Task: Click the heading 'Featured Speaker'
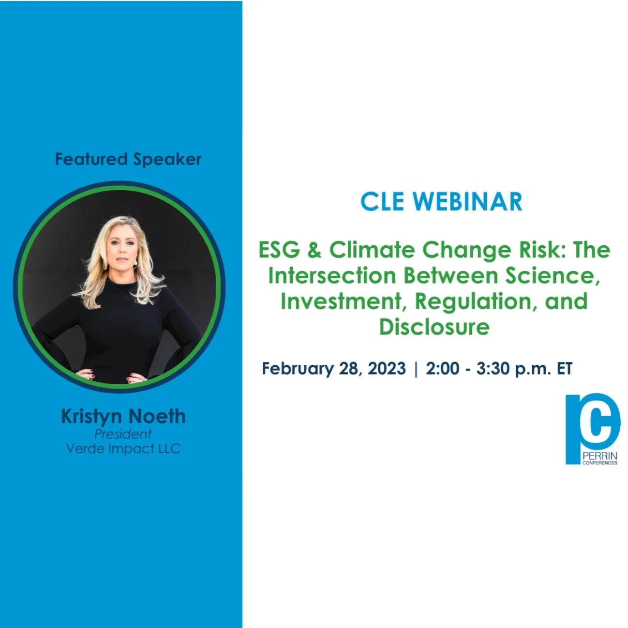128,159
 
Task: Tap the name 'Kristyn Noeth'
123,416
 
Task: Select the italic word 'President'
123,434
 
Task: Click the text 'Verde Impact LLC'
123,449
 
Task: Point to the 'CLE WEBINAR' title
441,201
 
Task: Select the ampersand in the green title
314,250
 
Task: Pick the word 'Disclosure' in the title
434,327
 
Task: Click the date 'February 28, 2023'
333,369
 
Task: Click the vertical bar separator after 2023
416,369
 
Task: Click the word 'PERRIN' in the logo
600,456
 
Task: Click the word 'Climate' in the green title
372,250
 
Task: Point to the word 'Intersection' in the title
332,276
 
